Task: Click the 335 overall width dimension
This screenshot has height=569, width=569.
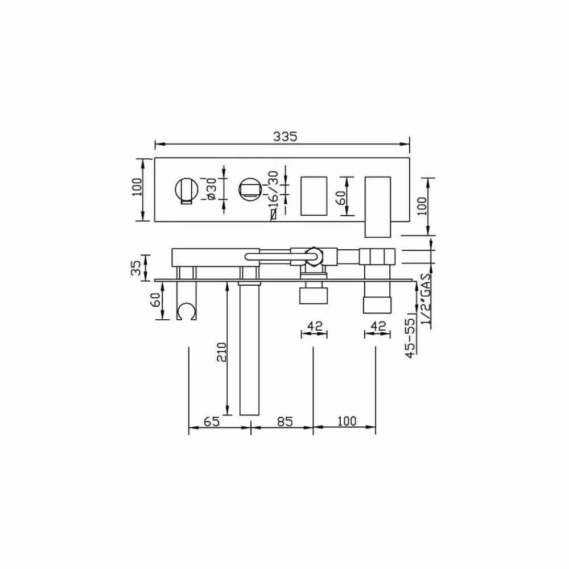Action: (x=285, y=137)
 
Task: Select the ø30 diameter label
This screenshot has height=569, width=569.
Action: (x=211, y=189)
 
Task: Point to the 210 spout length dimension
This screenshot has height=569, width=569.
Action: (x=221, y=352)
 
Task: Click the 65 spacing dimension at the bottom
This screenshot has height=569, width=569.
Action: (x=212, y=422)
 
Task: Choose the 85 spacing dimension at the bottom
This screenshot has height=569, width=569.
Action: (x=285, y=422)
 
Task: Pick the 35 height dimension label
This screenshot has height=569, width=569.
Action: (x=137, y=268)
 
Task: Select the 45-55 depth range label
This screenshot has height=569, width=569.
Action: (x=410, y=338)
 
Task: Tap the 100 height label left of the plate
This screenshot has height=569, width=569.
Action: (x=137, y=187)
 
